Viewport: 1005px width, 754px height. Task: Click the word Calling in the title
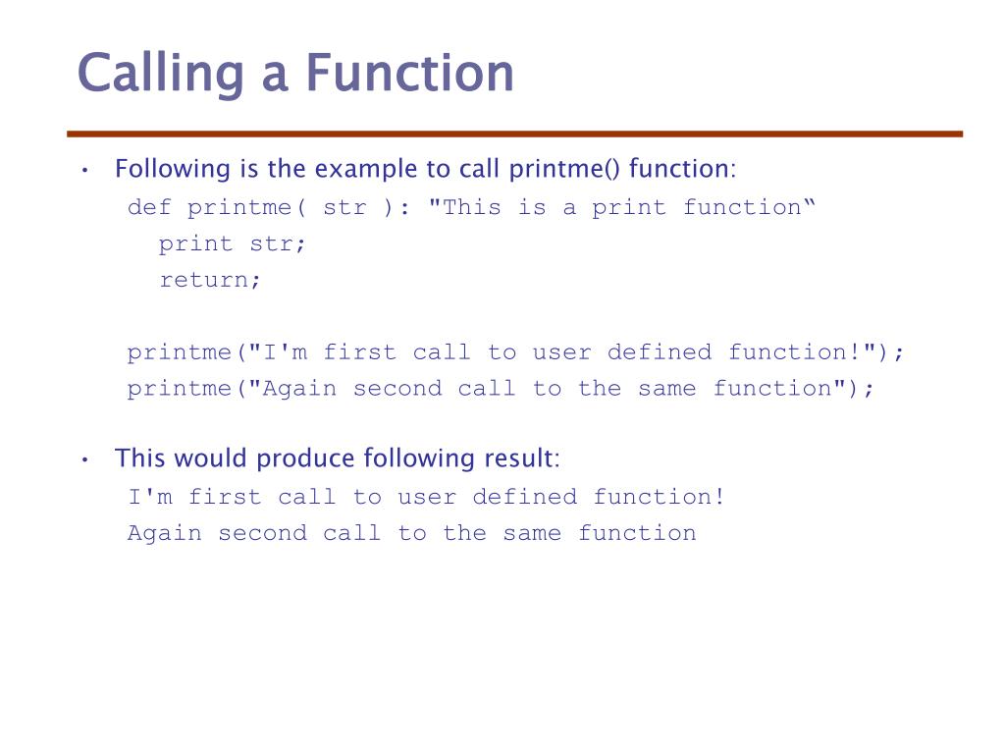click(158, 75)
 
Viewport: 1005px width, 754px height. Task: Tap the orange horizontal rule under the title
click(514, 134)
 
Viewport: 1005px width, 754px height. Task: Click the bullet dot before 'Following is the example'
click(86, 171)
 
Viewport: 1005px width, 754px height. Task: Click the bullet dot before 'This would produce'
click(86, 460)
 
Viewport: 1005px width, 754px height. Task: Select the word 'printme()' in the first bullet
click(565, 170)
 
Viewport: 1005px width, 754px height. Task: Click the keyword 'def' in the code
click(149, 207)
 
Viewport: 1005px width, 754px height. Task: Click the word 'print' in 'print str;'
click(195, 243)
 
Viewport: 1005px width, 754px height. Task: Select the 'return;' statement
click(210, 280)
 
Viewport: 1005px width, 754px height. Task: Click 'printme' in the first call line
click(179, 352)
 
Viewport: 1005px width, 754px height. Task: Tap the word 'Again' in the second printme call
click(298, 389)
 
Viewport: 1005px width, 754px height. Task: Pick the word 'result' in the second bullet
click(520, 458)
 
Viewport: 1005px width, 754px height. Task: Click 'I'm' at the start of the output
click(149, 497)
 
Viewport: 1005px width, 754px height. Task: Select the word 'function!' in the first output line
click(659, 497)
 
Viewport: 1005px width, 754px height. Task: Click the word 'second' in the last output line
click(262, 533)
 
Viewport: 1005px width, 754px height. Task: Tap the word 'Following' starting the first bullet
click(172, 170)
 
